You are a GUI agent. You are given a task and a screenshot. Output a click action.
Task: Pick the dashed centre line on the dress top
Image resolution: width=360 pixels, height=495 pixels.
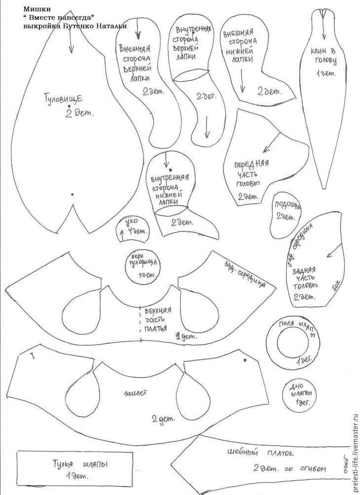point(141,320)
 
